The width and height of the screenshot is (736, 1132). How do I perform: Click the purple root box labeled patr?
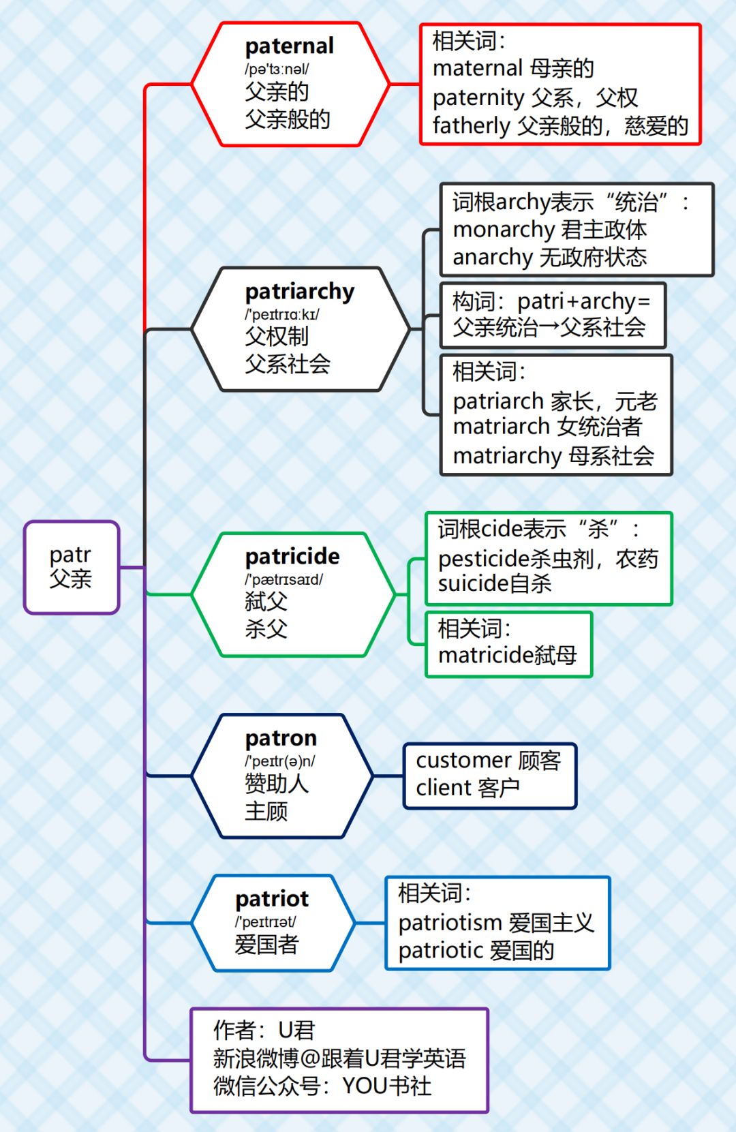[72, 567]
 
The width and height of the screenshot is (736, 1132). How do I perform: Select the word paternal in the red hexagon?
[289, 46]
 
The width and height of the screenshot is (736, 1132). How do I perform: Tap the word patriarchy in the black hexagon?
[300, 292]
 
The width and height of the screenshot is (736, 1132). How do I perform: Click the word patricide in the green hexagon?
[292, 557]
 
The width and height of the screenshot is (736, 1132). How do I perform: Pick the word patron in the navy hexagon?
[281, 738]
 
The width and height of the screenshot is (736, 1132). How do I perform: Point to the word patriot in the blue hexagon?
[272, 899]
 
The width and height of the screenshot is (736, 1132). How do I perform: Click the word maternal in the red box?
[477, 68]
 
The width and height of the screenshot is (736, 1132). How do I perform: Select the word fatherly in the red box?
[471, 126]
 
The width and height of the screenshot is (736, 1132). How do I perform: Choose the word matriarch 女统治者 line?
[547, 427]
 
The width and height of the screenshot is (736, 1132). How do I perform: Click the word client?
[443, 788]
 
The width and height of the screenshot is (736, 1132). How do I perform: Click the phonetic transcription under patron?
[280, 761]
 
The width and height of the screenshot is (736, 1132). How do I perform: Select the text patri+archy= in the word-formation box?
[583, 301]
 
